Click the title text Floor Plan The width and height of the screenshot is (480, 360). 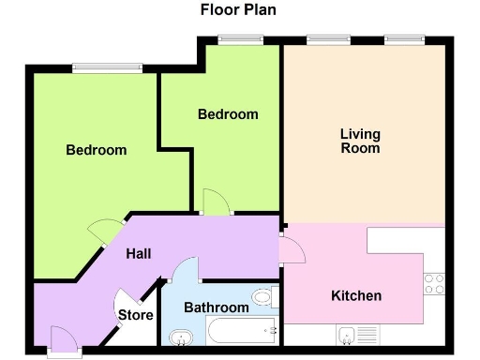tap(238, 10)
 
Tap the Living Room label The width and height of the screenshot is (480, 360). tap(360, 142)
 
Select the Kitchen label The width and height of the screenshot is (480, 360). tap(356, 296)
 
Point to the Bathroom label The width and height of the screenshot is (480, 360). tap(217, 307)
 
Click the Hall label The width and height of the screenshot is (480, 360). tap(140, 254)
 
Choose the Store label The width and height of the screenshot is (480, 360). tap(135, 315)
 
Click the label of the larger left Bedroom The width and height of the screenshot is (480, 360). tap(96, 150)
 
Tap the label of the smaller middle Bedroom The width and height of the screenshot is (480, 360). tap(228, 114)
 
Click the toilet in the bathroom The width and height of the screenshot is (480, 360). tap(263, 298)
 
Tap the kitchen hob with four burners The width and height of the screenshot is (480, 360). tap(434, 284)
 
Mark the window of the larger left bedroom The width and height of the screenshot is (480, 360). tap(107, 67)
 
